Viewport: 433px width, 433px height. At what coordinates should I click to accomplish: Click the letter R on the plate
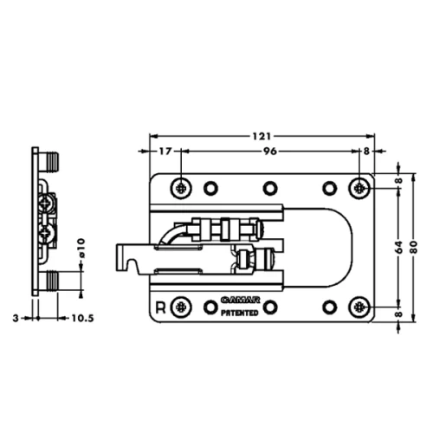coord(160,307)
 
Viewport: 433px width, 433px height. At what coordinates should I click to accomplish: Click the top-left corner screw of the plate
coord(181,187)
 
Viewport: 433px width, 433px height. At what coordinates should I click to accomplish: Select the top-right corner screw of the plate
coord(360,187)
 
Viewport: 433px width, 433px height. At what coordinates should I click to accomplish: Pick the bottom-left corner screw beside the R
coord(181,307)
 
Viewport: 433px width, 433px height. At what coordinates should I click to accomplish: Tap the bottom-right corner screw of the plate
coord(360,307)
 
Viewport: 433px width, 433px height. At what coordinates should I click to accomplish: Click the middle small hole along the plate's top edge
coord(270,187)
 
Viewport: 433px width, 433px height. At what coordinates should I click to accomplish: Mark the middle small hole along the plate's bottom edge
coord(270,307)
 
